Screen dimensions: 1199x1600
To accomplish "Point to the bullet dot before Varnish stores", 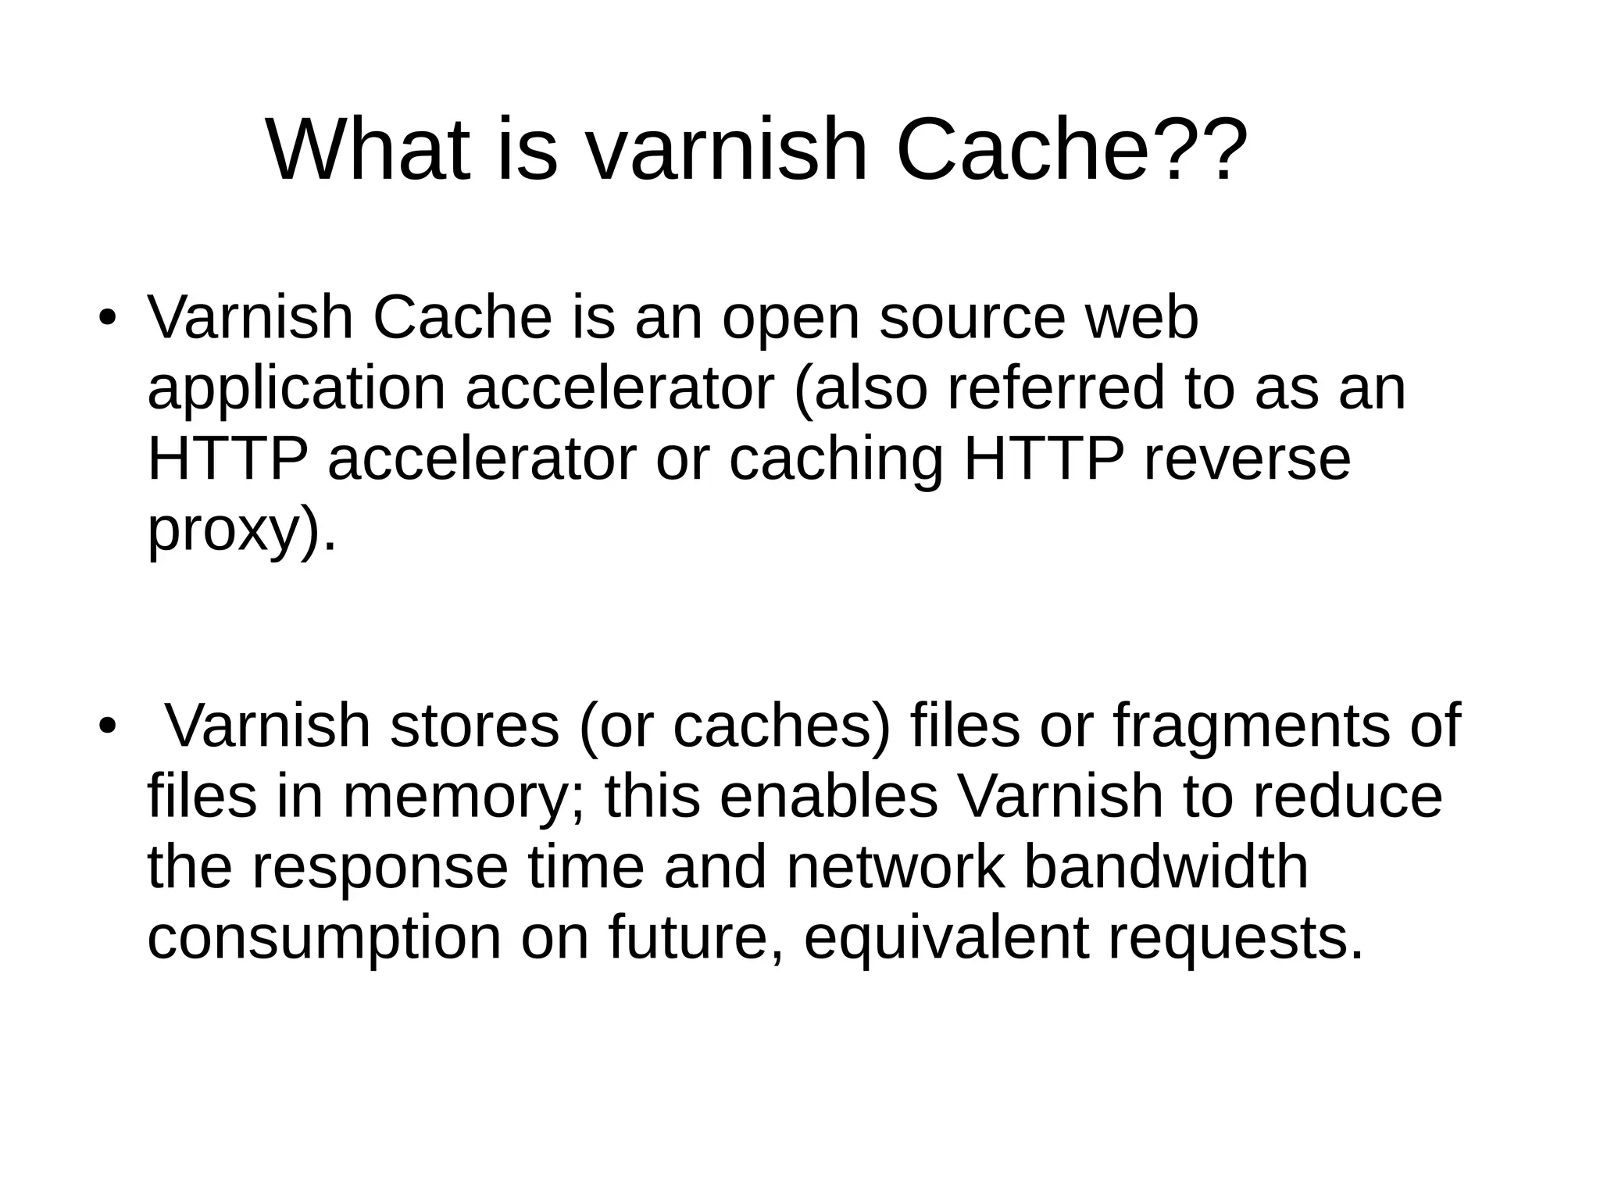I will coord(107,726).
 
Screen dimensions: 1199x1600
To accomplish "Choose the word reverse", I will coord(1247,459).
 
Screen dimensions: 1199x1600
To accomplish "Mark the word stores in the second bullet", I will coord(474,726).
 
